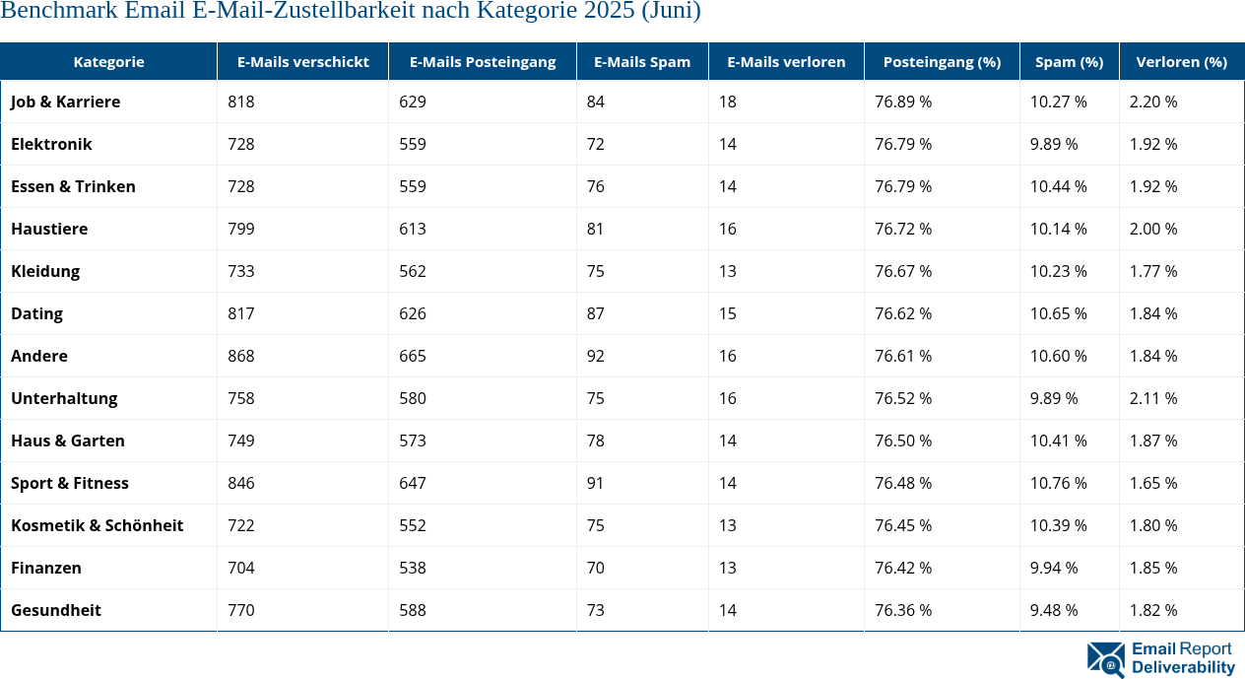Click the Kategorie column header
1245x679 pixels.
click(x=108, y=61)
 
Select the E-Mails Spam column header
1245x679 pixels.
click(x=642, y=61)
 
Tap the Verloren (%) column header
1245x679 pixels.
click(x=1181, y=61)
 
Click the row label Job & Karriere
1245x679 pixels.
click(x=65, y=102)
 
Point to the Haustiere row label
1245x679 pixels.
click(x=49, y=229)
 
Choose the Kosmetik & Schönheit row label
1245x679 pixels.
click(x=97, y=525)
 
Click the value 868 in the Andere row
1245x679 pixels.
click(x=240, y=356)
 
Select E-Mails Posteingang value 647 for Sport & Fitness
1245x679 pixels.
click(x=413, y=483)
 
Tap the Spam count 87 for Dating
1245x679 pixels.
click(x=596, y=313)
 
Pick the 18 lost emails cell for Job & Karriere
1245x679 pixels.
click(x=727, y=102)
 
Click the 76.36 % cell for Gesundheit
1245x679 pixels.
click(x=903, y=610)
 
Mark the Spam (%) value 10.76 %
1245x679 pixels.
click(x=1058, y=483)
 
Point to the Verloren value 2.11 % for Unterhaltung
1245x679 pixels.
click(x=1152, y=398)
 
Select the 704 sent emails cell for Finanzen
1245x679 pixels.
click(x=240, y=568)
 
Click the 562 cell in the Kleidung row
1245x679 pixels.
click(x=413, y=271)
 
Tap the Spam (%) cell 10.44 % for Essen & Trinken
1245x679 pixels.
click(x=1058, y=186)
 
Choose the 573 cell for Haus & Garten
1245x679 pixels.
click(x=413, y=441)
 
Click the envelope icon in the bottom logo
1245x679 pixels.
click(x=1105, y=659)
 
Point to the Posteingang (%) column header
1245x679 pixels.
click(x=942, y=61)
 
